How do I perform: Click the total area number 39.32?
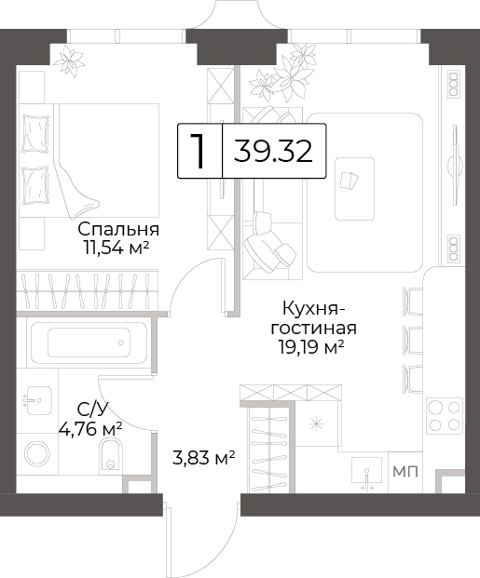pyautogui.click(x=273, y=151)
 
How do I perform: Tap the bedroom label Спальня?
pyautogui.click(x=118, y=229)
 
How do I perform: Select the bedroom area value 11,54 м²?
pyautogui.click(x=117, y=249)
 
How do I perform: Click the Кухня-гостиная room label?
pyautogui.click(x=313, y=318)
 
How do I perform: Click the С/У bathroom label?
pyautogui.click(x=92, y=410)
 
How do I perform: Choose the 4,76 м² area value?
pyautogui.click(x=90, y=428)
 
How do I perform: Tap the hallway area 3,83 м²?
pyautogui.click(x=204, y=458)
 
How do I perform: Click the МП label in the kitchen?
pyautogui.click(x=405, y=472)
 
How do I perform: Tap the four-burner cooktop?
pyautogui.click(x=445, y=416)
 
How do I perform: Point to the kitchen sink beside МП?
pyautogui.click(x=366, y=474)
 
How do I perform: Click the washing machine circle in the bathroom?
pyautogui.click(x=37, y=453)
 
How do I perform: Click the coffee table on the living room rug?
pyautogui.click(x=354, y=189)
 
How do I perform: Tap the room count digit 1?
pyautogui.click(x=199, y=151)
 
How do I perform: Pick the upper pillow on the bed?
pyautogui.click(x=35, y=133)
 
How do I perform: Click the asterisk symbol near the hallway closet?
pyautogui.click(x=316, y=424)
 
